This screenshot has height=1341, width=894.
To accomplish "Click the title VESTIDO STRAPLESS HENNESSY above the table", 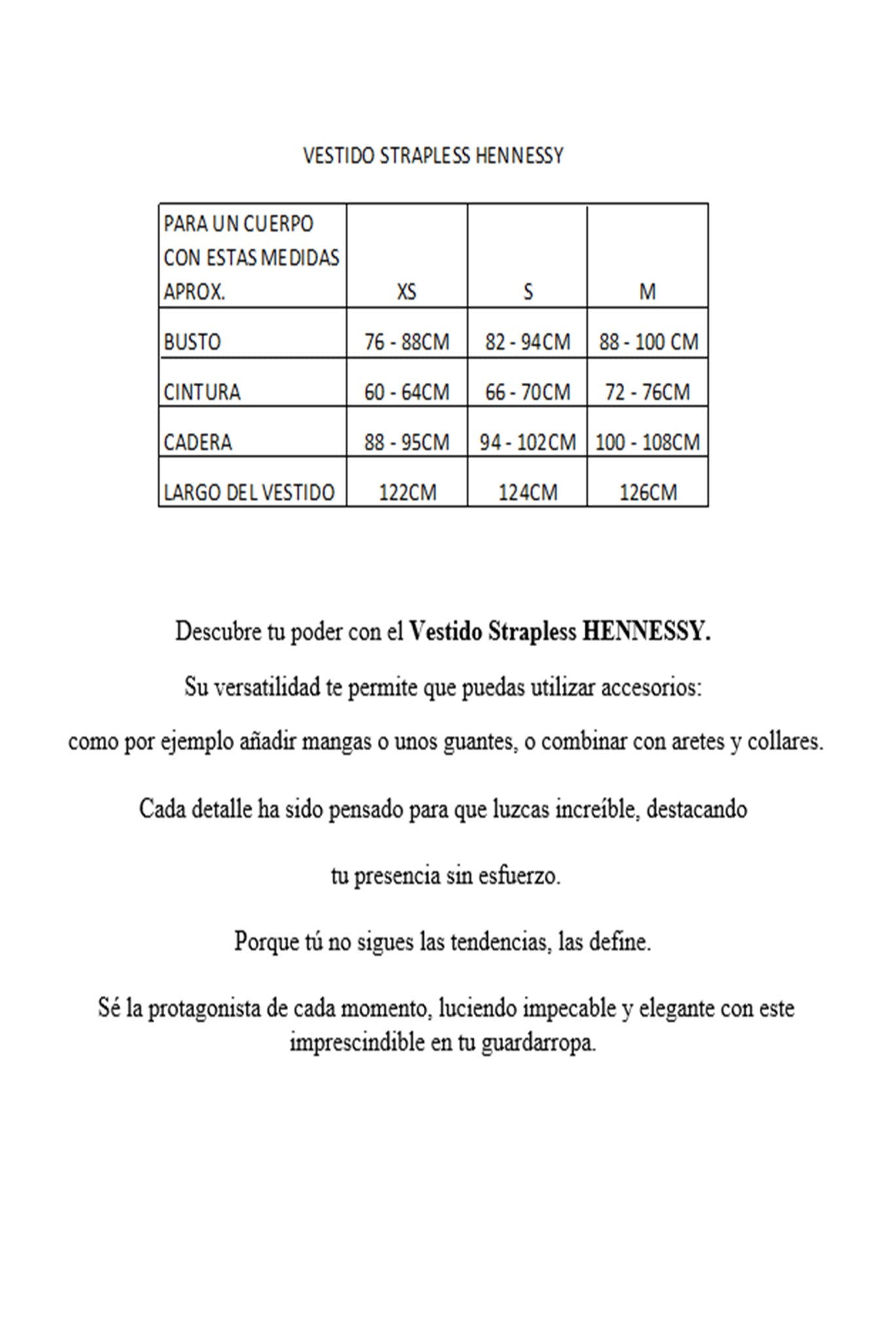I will click(x=433, y=156).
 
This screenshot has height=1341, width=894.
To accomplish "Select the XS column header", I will click(x=407, y=291).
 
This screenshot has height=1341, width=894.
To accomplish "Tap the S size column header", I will click(x=528, y=291).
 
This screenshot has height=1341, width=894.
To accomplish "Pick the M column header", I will click(x=647, y=291).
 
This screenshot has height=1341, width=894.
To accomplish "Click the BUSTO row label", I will click(x=193, y=342).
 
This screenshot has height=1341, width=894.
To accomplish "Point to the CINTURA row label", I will click(x=202, y=392).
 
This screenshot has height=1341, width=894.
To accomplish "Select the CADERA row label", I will click(x=198, y=442).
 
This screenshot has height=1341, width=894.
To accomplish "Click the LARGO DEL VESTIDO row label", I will click(x=249, y=492).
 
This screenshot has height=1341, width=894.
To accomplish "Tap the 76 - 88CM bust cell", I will click(x=407, y=342).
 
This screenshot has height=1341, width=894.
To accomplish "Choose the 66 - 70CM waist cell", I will click(x=528, y=392).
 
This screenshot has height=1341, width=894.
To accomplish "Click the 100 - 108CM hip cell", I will click(x=647, y=442).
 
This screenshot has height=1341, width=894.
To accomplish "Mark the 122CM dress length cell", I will click(x=407, y=492).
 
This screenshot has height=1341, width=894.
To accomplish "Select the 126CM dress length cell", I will click(x=647, y=492).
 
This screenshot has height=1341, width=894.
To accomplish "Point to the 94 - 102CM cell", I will click(x=528, y=442).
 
